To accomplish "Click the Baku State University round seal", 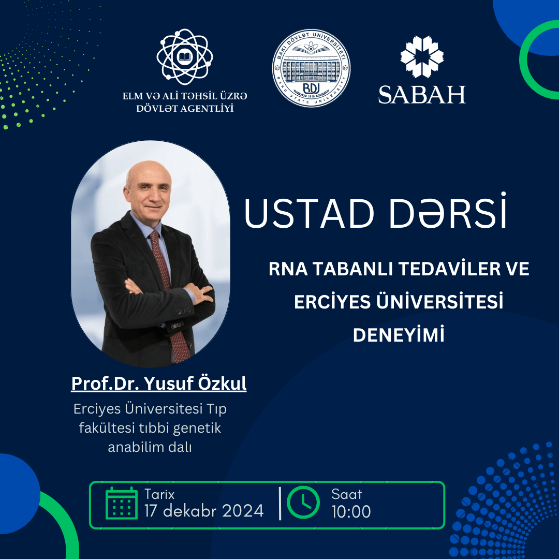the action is pyautogui.click(x=311, y=68).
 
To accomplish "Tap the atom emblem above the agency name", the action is pyautogui.click(x=185, y=57).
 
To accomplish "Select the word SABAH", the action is pyautogui.click(x=422, y=95).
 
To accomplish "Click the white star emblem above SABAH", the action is pyautogui.click(x=422, y=57).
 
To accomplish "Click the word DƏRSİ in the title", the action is pyautogui.click(x=448, y=211).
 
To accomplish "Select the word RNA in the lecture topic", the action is pyautogui.click(x=288, y=269).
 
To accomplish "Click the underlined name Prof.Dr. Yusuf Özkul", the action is pyautogui.click(x=159, y=384).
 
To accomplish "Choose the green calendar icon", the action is pyautogui.click(x=122, y=503).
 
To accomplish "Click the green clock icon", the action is pyautogui.click(x=303, y=502).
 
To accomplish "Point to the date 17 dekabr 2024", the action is pyautogui.click(x=204, y=511).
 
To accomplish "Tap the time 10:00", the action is pyautogui.click(x=351, y=511).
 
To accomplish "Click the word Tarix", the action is pyautogui.click(x=159, y=494).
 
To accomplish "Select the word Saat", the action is pyautogui.click(x=346, y=494).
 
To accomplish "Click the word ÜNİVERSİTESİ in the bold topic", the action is pyautogui.click(x=439, y=301).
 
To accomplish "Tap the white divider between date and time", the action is pyautogui.click(x=280, y=504).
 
